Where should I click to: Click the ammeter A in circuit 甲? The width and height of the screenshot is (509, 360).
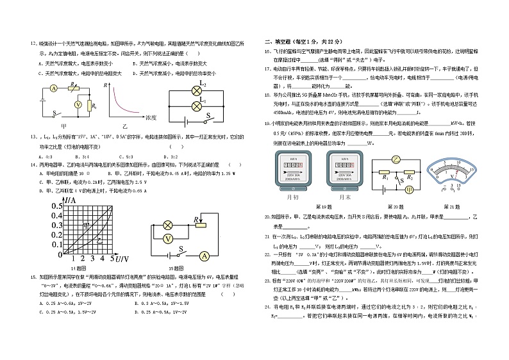click(x=54, y=88)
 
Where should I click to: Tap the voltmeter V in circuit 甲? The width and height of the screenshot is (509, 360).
click(x=78, y=103)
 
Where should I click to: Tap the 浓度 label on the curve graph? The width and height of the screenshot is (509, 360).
click(x=151, y=118)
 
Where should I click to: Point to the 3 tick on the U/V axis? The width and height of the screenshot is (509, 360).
click(x=92, y=258)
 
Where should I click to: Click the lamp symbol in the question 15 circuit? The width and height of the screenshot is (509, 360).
click(x=168, y=225)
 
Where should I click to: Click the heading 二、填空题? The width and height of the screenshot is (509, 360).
click(x=283, y=40)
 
